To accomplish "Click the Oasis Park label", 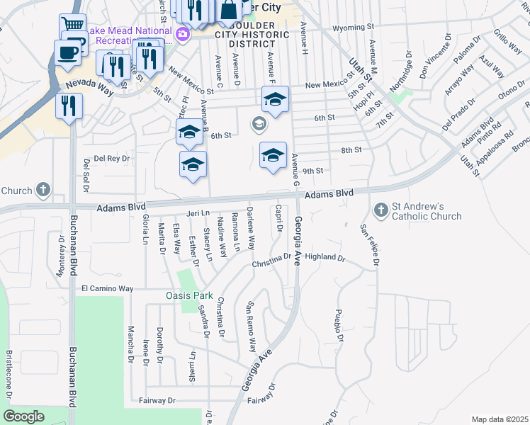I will point(189,295).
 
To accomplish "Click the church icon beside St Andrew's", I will point(380,210).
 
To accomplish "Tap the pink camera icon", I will point(183,33).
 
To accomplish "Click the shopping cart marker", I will point(72,25).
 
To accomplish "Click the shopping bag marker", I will point(229,10).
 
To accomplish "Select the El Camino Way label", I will point(107,289).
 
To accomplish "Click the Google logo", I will point(24,416).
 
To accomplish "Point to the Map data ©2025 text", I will point(500,419).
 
